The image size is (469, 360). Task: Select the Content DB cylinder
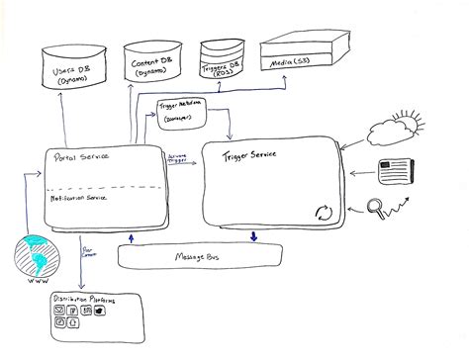coord(153,65)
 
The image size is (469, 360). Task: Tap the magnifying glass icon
coord(376,208)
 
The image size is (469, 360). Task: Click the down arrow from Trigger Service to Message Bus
coord(255,235)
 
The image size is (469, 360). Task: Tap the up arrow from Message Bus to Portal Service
coord(131,237)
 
